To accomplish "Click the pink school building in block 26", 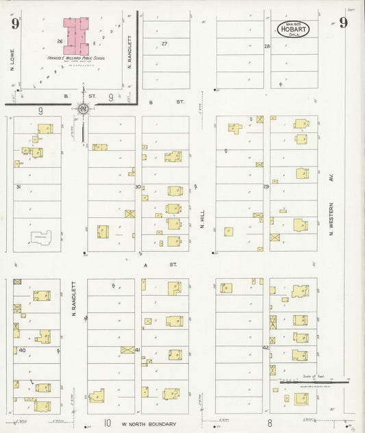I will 77,36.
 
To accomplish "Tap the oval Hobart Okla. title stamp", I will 293,29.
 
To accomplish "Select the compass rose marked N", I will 83,109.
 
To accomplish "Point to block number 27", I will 164,44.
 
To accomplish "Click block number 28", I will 267,47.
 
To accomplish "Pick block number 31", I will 18,186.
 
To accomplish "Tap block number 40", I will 22,350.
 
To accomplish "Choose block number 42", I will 266,348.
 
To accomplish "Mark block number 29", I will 266,186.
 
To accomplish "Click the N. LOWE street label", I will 12,62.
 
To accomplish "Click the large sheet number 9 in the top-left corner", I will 14,24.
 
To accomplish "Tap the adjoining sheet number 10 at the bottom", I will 108,423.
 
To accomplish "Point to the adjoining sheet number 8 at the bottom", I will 270,423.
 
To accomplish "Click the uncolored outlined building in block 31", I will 42,238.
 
